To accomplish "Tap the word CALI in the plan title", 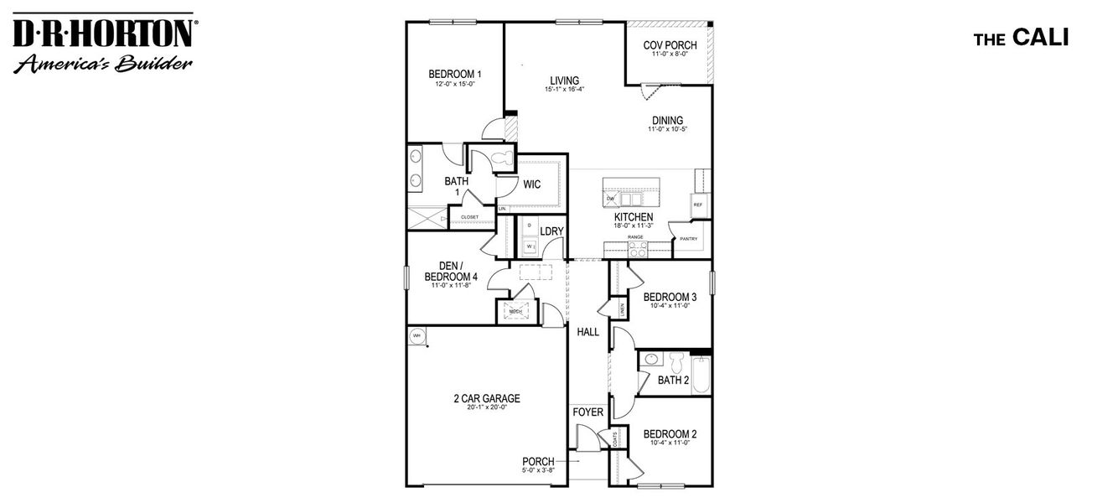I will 1040,38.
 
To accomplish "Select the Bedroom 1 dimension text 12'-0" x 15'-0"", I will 454,84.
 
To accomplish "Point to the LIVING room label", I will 564,80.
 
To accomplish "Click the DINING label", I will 667,120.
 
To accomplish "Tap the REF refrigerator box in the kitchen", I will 698,205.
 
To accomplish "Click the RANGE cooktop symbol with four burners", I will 637,248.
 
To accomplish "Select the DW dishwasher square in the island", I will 611,199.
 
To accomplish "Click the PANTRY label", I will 688,239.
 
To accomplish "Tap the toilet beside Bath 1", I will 500,158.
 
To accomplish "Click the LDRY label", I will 551,231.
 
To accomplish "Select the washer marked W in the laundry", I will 529,246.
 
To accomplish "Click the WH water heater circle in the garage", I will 417,336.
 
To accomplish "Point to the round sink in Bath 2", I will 651,359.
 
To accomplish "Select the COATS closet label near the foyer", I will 616,438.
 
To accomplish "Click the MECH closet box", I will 515,311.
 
